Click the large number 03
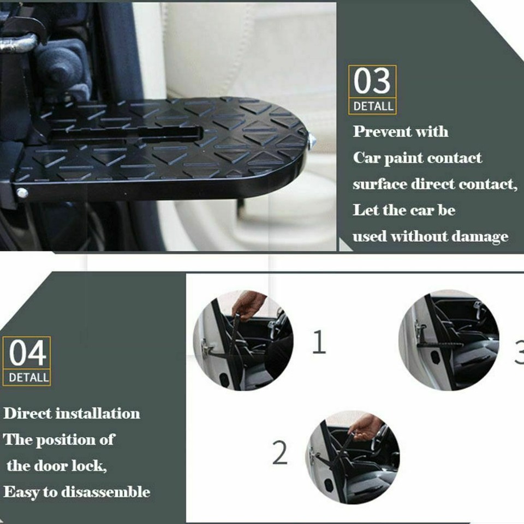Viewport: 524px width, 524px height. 372,82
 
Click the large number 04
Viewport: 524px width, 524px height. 27,354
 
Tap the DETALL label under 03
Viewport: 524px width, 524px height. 373,106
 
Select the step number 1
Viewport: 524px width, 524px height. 319,342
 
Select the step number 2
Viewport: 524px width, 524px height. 279,452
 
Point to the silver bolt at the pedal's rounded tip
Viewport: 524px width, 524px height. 312,141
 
